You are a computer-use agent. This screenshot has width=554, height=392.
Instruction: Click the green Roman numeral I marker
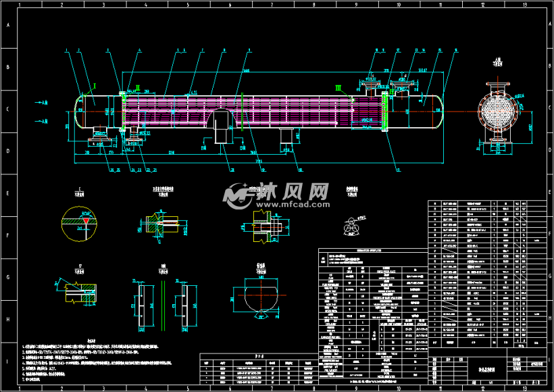(x=95, y=86)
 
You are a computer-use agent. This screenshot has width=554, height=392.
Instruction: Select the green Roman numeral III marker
(x=339, y=87)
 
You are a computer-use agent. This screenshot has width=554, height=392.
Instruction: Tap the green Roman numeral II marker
(x=137, y=87)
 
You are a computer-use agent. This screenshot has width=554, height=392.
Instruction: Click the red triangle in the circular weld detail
(x=86, y=221)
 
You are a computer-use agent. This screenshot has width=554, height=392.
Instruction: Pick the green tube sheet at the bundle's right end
(x=384, y=112)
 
